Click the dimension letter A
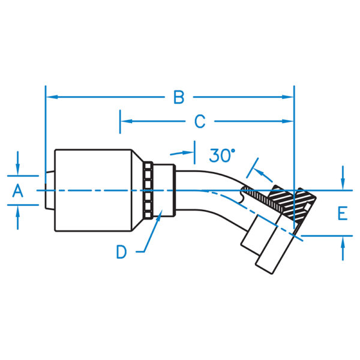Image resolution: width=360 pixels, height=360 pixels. [x=18, y=191]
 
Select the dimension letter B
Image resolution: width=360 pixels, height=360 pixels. [x=179, y=97]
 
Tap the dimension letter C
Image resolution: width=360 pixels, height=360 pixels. [x=200, y=121]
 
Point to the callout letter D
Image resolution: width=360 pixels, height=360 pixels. [x=121, y=252]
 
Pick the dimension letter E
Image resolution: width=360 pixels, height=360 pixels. [x=343, y=213]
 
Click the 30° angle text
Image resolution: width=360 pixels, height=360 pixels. [x=222, y=155]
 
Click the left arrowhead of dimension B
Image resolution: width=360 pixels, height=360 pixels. [x=52, y=97]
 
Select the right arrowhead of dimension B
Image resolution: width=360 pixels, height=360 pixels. [x=288, y=97]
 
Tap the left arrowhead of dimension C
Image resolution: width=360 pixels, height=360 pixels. [x=126, y=121]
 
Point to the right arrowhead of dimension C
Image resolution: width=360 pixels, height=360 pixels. [x=288, y=121]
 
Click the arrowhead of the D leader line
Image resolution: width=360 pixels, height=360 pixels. [x=159, y=215]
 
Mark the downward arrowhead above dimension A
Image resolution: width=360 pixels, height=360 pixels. [x=17, y=170]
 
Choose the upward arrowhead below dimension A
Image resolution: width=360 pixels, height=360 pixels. [x=17, y=211]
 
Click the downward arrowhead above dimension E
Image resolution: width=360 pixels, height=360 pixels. [x=343, y=184]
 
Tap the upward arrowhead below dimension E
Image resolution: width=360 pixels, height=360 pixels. [x=343, y=242]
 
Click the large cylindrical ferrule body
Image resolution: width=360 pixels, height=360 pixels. [x=93, y=190]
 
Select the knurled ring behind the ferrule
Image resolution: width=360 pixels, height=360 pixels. [x=148, y=190]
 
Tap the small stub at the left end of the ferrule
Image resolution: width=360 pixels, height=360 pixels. [x=50, y=190]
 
